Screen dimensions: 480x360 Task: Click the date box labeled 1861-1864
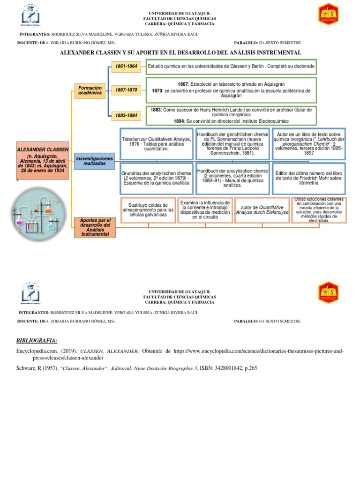click(x=125, y=66)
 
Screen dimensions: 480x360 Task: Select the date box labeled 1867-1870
click(x=125, y=90)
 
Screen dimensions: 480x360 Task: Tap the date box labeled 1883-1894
click(x=125, y=115)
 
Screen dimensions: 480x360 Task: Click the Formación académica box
click(x=90, y=90)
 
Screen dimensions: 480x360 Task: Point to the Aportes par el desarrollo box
click(x=95, y=227)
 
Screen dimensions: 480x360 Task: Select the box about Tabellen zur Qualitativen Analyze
click(x=157, y=144)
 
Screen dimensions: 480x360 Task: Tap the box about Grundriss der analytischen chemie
click(x=157, y=178)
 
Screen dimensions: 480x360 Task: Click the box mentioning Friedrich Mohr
click(x=308, y=178)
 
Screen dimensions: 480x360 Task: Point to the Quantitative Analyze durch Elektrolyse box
click(x=260, y=210)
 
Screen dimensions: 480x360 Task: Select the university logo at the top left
click(x=31, y=16)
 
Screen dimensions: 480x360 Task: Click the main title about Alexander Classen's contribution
click(x=180, y=52)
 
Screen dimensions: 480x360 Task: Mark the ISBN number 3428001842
click(x=228, y=368)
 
